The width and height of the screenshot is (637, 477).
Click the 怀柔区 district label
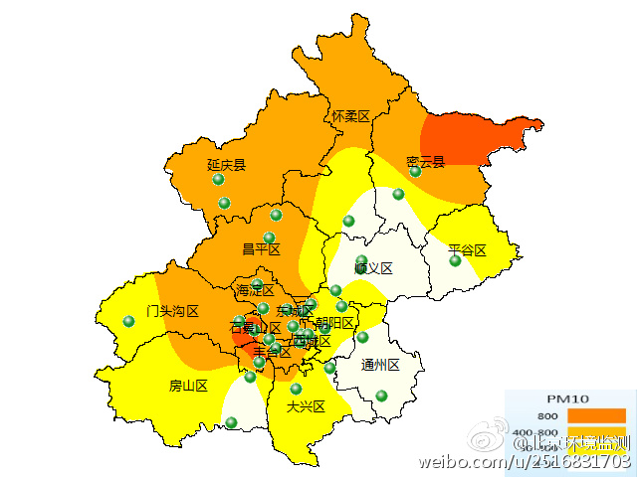click(x=350, y=117)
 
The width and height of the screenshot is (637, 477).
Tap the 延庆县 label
click(x=226, y=165)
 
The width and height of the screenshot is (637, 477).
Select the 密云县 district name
click(x=425, y=162)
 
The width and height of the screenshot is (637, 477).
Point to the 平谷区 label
click(x=467, y=249)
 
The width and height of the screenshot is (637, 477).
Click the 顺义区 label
click(x=373, y=268)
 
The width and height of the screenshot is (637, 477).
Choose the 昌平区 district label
click(x=262, y=248)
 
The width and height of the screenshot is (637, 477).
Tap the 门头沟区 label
click(x=172, y=311)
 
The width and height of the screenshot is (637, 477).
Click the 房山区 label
click(x=188, y=386)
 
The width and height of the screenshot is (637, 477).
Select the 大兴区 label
click(x=306, y=406)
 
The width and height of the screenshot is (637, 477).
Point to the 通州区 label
click(x=380, y=365)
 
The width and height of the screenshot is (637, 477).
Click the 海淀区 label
click(x=256, y=291)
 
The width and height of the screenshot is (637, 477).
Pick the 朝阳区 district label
click(x=334, y=323)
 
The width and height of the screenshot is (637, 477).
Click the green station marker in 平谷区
click(x=455, y=261)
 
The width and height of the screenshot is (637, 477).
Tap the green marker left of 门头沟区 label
click(x=128, y=321)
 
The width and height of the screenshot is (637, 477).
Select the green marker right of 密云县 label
click(x=416, y=172)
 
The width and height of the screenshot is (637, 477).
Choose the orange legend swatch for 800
click(x=596, y=415)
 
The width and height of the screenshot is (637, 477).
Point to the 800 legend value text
click(x=547, y=415)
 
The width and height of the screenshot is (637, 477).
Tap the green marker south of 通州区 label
click(x=381, y=396)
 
